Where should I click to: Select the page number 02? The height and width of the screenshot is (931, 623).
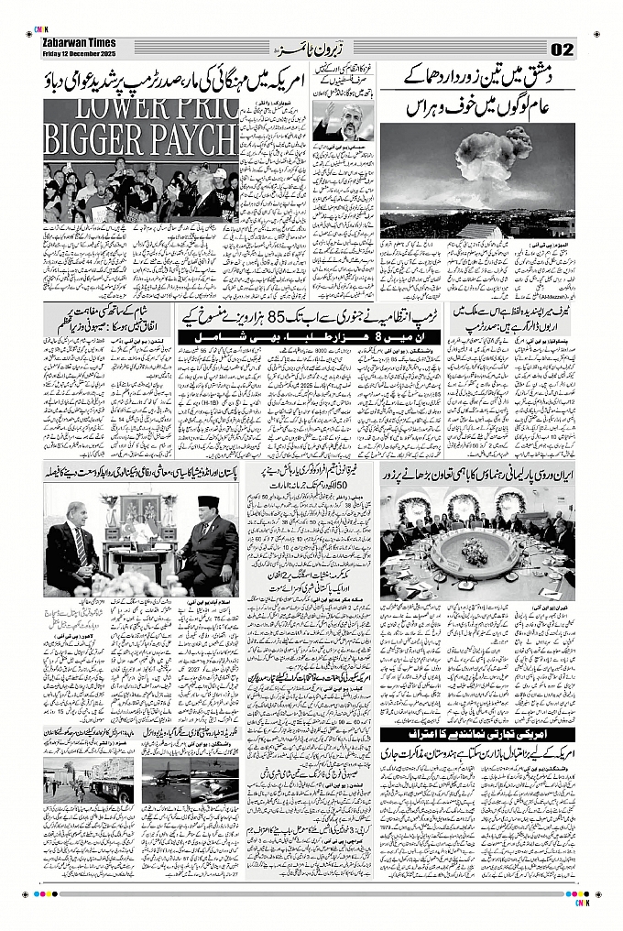[x=563, y=49]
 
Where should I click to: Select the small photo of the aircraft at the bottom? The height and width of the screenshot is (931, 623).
[x=191, y=779]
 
